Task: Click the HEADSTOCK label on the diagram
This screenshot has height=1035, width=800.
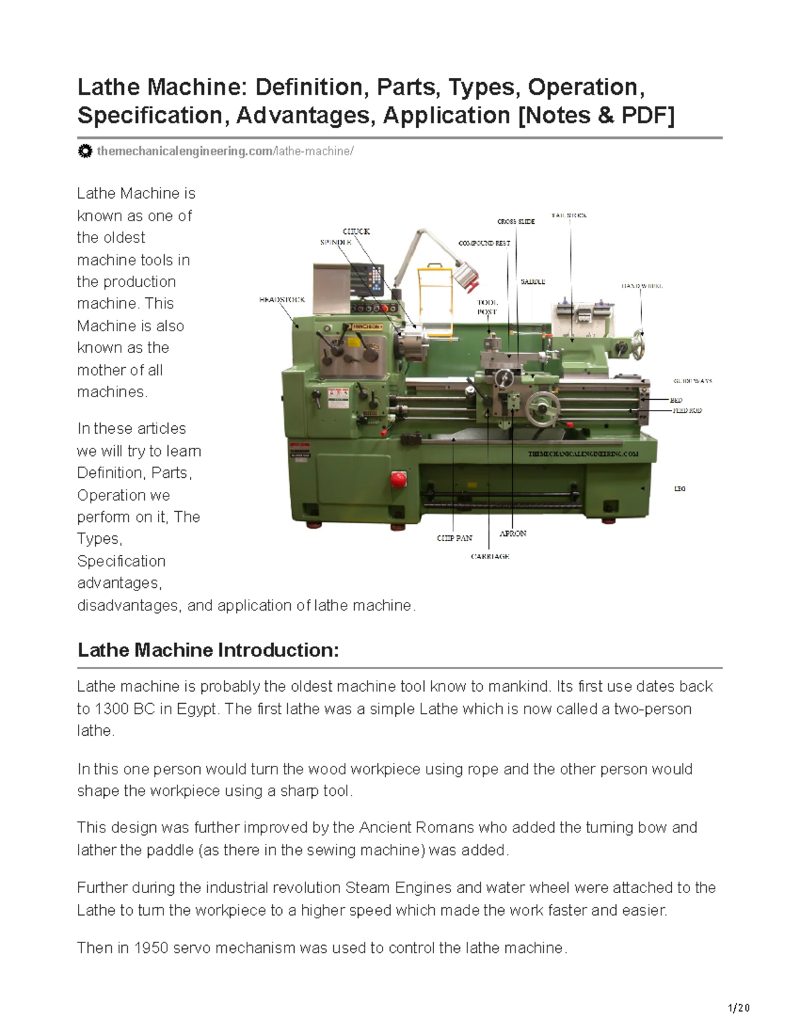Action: (x=281, y=300)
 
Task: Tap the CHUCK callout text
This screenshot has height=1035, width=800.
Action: (x=356, y=231)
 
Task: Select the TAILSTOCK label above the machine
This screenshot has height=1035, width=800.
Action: (x=569, y=216)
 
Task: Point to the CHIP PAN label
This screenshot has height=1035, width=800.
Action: (x=454, y=538)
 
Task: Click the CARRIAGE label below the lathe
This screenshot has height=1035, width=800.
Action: (x=490, y=556)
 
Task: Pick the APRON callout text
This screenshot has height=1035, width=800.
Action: (x=513, y=533)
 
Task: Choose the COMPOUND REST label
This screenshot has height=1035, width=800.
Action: (x=484, y=243)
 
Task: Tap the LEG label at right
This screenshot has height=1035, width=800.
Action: (x=679, y=489)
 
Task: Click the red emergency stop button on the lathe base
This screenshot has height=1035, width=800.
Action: (x=398, y=479)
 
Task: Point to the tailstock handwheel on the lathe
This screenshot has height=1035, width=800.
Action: (x=639, y=338)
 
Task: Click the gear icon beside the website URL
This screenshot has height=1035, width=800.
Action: (x=85, y=151)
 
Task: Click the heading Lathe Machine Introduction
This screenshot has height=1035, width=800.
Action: (x=208, y=650)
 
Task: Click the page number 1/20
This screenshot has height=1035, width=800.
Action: (x=739, y=1008)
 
